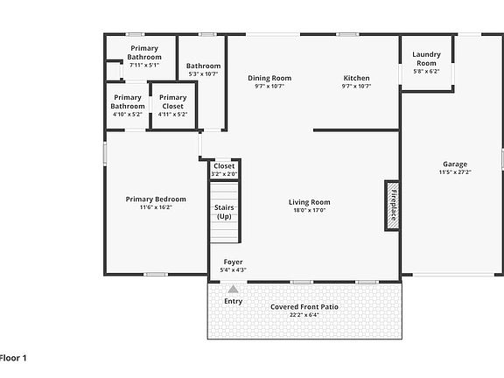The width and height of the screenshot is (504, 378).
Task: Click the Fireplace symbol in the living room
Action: click(392, 206)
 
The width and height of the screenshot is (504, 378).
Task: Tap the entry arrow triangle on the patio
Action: click(233, 289)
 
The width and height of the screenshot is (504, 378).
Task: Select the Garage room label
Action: click(454, 164)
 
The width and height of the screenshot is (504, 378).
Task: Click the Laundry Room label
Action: click(426, 59)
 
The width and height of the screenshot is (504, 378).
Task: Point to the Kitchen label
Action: click(356, 78)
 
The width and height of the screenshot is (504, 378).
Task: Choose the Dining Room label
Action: click(269, 78)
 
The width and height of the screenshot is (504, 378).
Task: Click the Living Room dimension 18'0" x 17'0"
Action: click(309, 211)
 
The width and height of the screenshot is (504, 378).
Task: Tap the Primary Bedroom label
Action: click(156, 199)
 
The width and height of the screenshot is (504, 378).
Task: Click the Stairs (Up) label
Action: click(223, 211)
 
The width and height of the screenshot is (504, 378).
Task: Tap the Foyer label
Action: click(233, 262)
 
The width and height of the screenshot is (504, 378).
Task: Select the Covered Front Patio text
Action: click(304, 307)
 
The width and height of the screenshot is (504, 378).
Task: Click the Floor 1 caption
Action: click(14, 358)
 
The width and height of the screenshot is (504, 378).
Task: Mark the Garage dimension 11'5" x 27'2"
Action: click(454, 172)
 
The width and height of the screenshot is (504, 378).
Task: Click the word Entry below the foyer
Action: click(233, 302)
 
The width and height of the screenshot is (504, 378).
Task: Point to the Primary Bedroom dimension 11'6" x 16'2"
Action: click(156, 208)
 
